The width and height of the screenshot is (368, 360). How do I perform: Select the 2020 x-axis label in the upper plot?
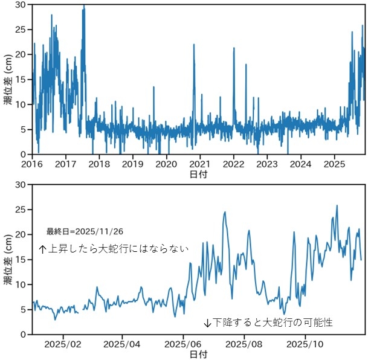click(167, 164)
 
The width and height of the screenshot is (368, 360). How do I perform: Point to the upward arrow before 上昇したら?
click(42, 248)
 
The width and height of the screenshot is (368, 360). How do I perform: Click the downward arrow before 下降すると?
click(207, 323)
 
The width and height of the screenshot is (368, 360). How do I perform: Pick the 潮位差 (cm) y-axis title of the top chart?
click(8, 79)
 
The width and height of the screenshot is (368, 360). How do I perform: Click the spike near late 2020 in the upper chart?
click(194, 45)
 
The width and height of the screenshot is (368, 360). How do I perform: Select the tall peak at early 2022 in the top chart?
click(233, 48)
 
